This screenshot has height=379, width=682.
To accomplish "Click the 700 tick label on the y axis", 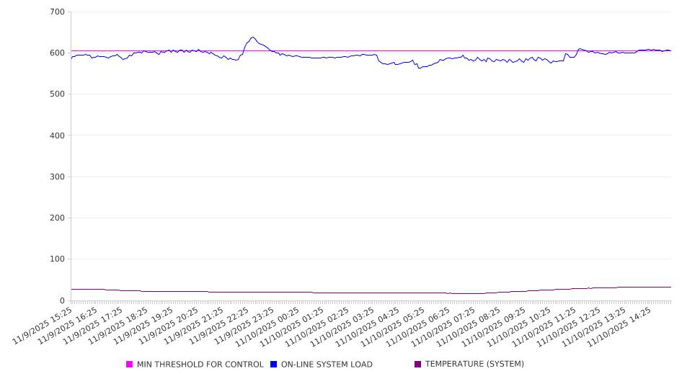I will coord(57,12).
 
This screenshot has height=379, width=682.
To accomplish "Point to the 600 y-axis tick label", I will coord(57,53).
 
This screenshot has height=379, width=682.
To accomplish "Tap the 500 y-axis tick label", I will coord(57,94).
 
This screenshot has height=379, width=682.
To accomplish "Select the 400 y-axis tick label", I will coord(57,135).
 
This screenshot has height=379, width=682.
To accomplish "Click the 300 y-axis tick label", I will coord(57,177).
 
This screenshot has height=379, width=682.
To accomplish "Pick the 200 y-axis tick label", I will coord(57,218).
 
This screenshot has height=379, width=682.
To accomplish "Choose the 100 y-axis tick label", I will coord(57,259).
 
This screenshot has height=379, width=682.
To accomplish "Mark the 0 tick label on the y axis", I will coord(62,300).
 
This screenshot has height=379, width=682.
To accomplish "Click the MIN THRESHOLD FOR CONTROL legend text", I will coord(200,365).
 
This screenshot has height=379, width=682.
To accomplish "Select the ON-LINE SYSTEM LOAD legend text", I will coord(327,365).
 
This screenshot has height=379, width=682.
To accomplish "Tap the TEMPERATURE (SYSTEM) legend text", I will coord(474,365).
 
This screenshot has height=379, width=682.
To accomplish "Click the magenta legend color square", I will coord(130,365).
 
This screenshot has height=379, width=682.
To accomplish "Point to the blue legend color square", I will coord(274,365).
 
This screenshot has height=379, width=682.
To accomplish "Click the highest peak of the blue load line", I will coord(252,37).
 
